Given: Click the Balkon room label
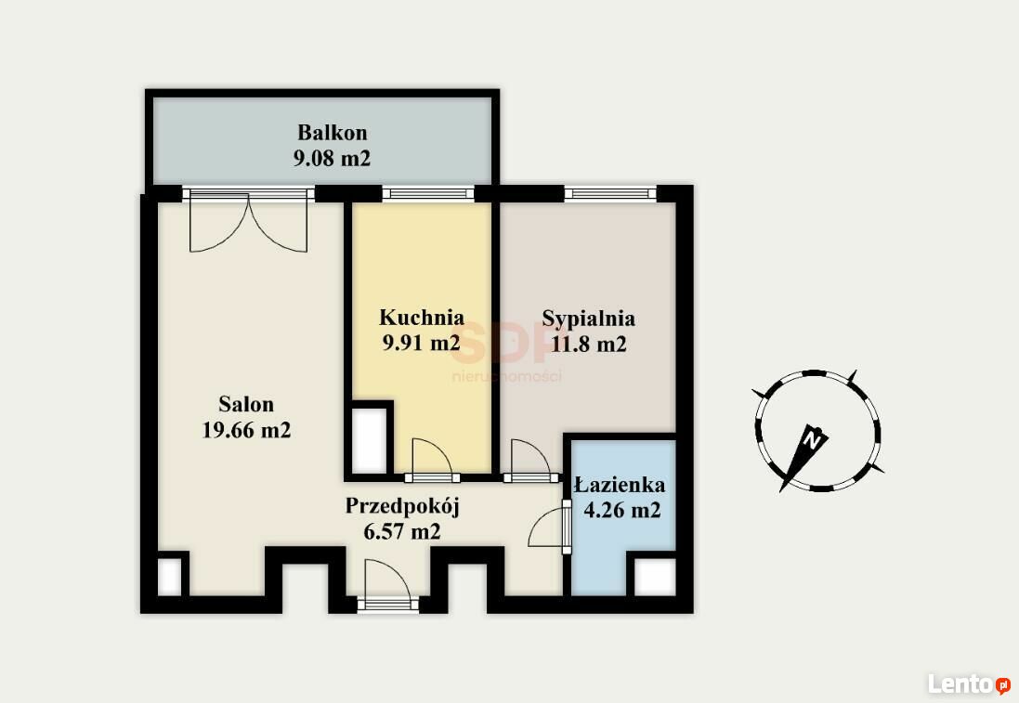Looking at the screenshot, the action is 333,132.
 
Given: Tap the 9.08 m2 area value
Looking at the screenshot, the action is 333,158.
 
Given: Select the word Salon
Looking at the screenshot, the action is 246,404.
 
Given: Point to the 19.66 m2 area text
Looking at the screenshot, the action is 246,429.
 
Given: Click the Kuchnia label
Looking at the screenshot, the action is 422,317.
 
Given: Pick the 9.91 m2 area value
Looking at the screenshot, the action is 421,343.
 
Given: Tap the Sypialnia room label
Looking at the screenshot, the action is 589,319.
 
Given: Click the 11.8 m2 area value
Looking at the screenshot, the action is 589,344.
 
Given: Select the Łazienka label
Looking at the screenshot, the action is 620,485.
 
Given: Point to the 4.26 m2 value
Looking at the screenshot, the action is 622,510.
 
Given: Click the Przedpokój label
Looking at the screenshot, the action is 402,506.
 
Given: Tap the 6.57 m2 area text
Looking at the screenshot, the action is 402,531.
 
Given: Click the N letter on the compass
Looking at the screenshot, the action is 812,440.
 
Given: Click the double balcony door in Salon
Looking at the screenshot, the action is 248,222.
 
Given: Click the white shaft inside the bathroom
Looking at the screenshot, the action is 655,577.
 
